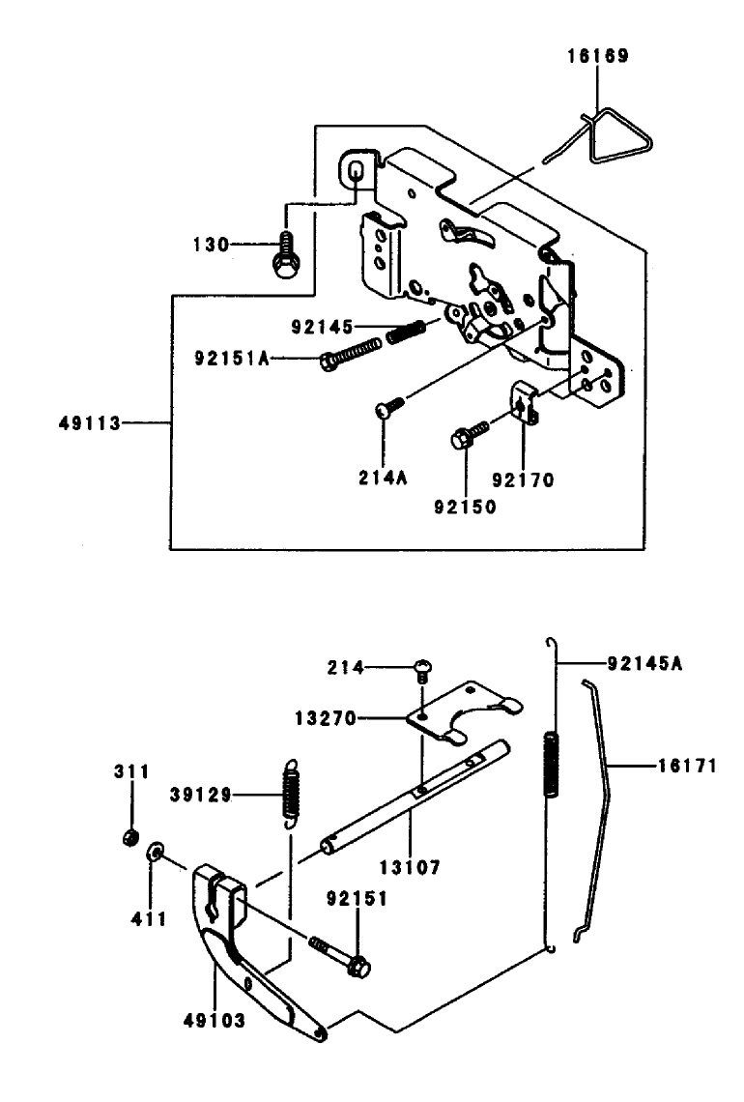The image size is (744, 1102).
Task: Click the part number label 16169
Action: pos(597,57)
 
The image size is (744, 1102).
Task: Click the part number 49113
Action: pos(88,422)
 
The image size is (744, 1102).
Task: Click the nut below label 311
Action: pos(128,836)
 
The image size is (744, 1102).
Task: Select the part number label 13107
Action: pos(409,869)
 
